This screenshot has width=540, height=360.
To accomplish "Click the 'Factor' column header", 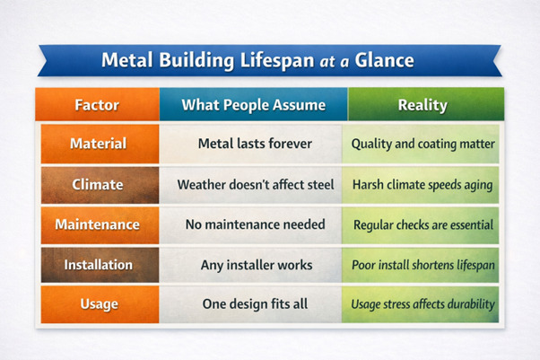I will [x=98, y=105].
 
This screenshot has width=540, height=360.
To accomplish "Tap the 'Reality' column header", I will [x=423, y=105].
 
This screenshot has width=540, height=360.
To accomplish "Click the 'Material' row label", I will [x=99, y=144].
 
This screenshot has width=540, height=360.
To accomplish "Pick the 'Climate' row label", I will [x=99, y=184].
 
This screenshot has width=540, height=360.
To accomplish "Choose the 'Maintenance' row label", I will [x=99, y=224].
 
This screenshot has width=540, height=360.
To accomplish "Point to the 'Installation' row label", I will [x=99, y=265].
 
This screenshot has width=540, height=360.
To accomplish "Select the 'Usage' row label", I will [x=99, y=304].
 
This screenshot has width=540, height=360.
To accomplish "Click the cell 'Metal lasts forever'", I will [x=255, y=144].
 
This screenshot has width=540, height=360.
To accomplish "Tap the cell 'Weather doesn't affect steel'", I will [x=255, y=184].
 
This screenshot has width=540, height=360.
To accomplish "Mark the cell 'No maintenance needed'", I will [x=255, y=224].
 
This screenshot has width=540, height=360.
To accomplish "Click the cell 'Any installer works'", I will [x=255, y=265].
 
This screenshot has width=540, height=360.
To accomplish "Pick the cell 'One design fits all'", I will [x=255, y=304].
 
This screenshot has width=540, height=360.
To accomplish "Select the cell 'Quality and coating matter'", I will [x=422, y=144].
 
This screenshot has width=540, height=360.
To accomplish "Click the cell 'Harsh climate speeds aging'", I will [x=422, y=184].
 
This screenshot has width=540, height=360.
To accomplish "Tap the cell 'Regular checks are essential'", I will [x=422, y=224].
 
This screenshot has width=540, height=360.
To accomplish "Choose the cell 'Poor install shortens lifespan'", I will [x=422, y=266].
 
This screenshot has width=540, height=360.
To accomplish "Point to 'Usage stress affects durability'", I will [x=422, y=304].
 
